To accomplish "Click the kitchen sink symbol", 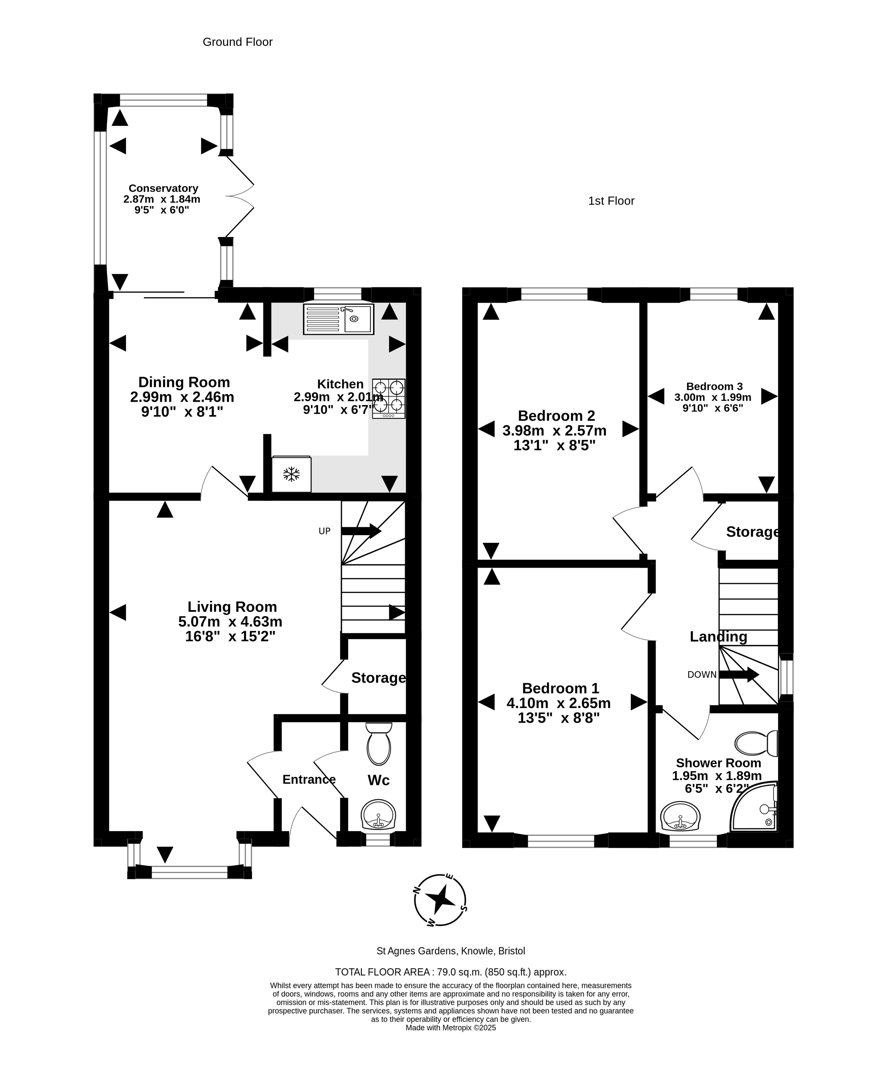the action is click(338, 319).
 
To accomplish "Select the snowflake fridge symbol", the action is click(291, 474).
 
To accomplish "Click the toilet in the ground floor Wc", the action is click(379, 743).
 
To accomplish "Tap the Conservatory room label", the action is click(163, 188).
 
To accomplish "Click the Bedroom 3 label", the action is click(714, 386).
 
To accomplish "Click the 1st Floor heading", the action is click(611, 201).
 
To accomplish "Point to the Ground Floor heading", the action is click(237, 42).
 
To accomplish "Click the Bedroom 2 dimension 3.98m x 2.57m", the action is click(554, 430).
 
